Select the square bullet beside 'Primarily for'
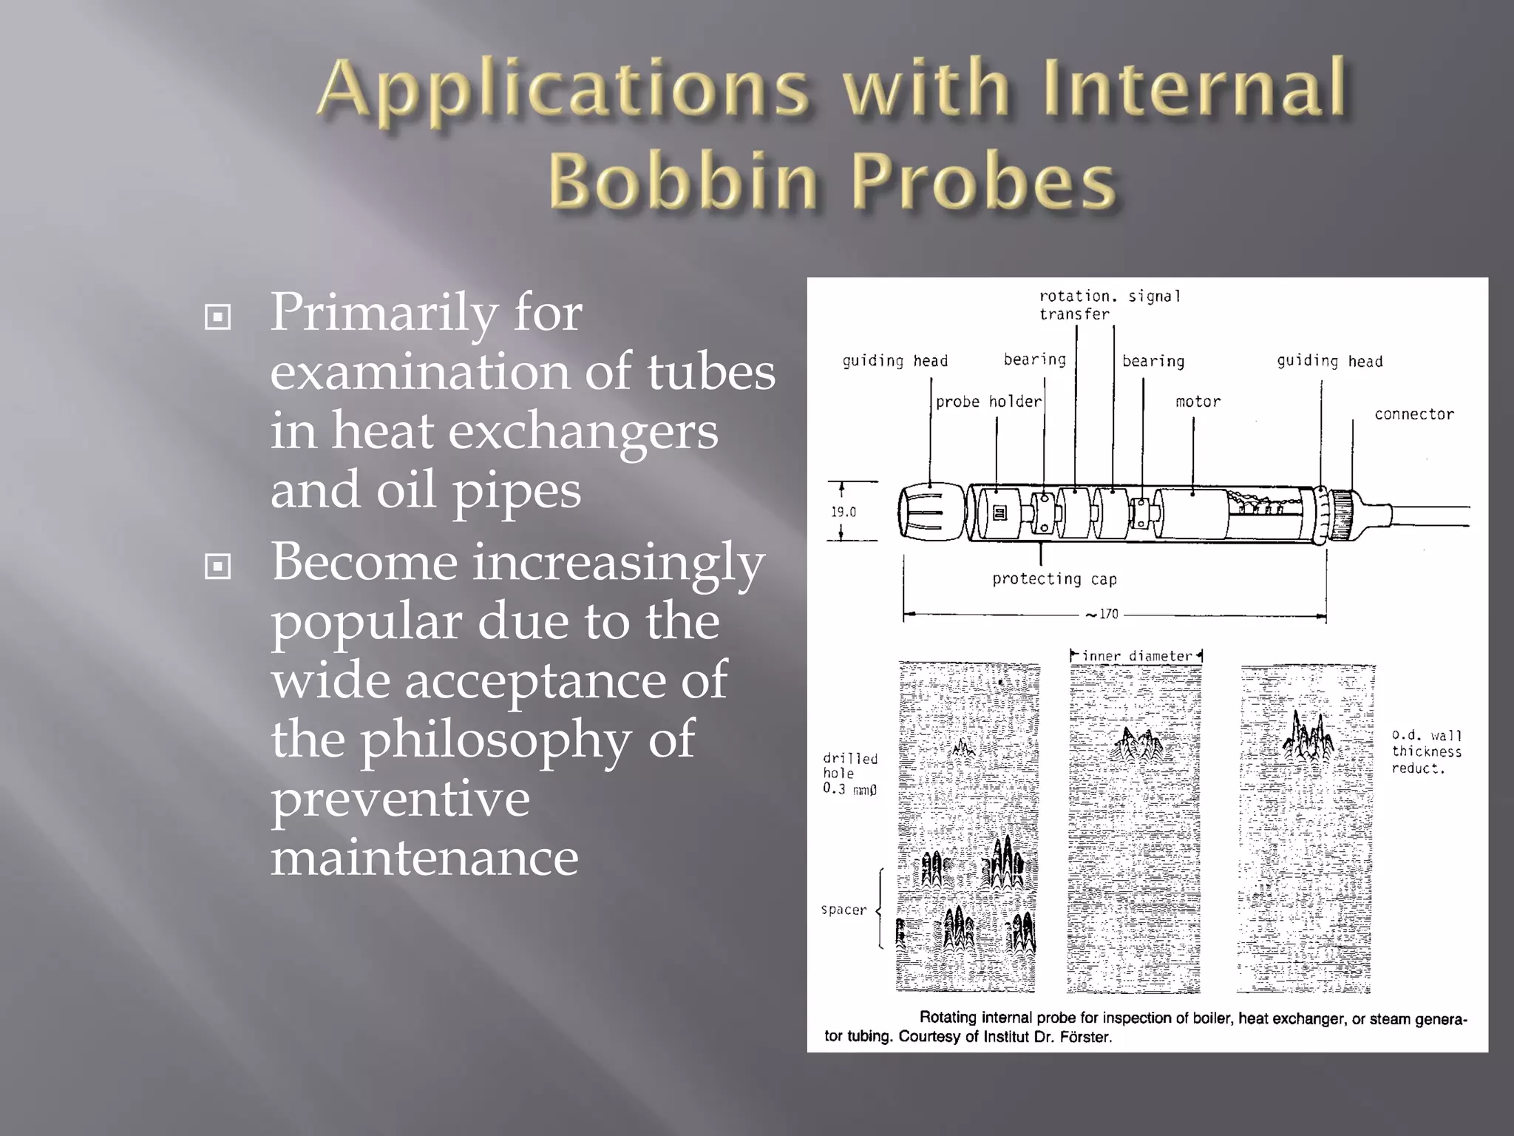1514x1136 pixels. click(217, 318)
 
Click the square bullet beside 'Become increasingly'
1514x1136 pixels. click(217, 567)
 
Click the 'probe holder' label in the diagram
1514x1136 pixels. click(988, 402)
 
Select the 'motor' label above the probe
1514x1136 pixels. click(1198, 402)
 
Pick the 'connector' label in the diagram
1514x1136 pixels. click(1413, 414)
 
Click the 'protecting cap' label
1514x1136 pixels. click(1054, 579)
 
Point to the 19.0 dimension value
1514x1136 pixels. click(843, 512)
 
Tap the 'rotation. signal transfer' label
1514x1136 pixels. click(1109, 305)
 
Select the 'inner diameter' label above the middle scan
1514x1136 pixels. click(1137, 656)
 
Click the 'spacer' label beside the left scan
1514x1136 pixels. click(843, 910)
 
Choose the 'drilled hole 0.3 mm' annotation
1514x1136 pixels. click(850, 774)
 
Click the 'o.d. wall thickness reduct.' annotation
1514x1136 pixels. click(1427, 751)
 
